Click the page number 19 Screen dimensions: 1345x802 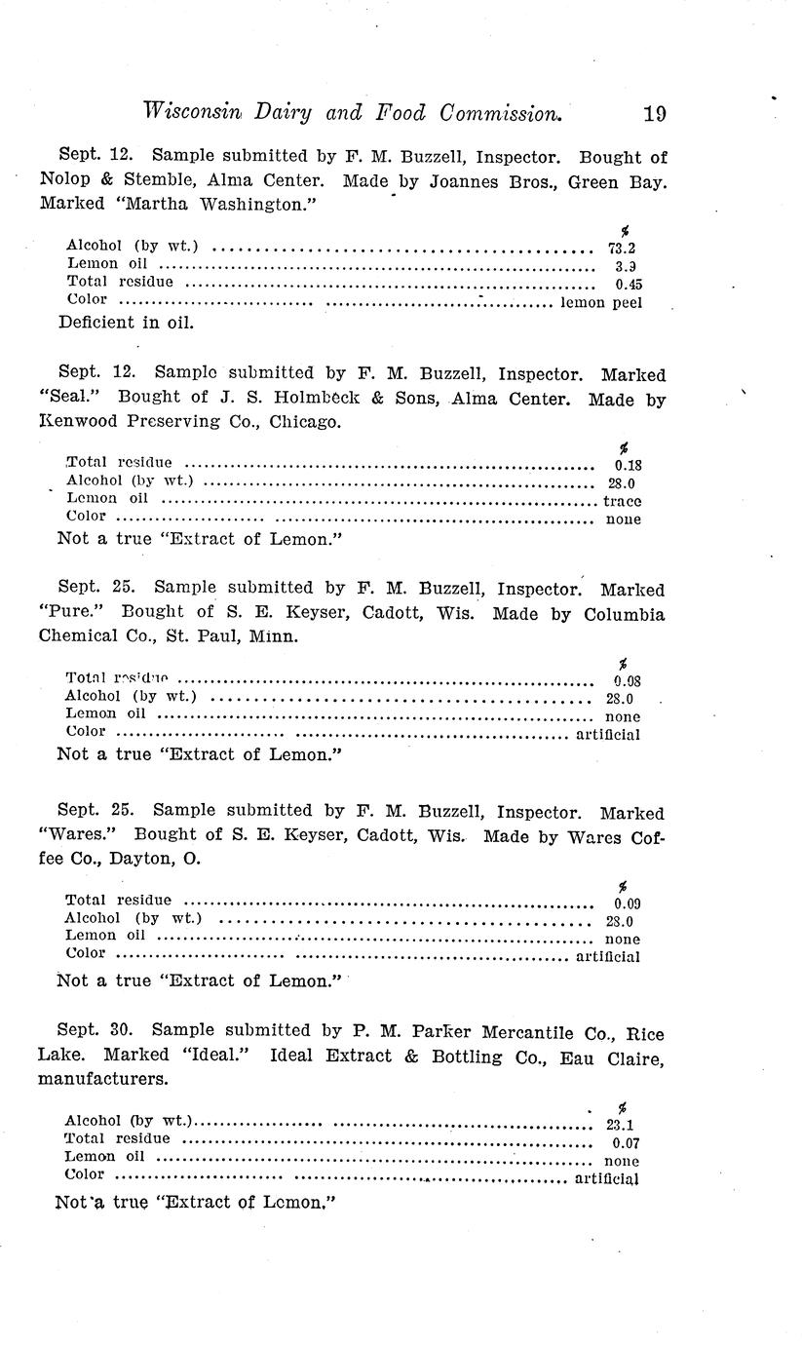tap(655, 114)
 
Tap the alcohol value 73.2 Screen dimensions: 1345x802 tap(622, 249)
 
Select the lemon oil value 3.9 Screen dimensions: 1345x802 tap(626, 266)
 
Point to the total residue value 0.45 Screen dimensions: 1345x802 tap(629, 285)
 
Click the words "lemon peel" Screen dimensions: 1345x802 tap(602, 303)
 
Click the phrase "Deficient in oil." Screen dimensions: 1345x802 tap(127, 323)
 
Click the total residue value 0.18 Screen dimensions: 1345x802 tap(628, 465)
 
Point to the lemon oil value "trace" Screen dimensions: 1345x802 tap(622, 501)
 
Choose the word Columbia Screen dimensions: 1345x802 tap(625, 615)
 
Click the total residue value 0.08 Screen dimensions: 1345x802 tap(627, 682)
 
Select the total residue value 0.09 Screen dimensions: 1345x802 tap(627, 903)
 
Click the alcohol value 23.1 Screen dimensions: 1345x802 tap(620, 1124)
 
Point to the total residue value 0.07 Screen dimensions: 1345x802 tap(626, 1142)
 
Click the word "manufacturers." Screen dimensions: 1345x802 tap(103, 1080)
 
